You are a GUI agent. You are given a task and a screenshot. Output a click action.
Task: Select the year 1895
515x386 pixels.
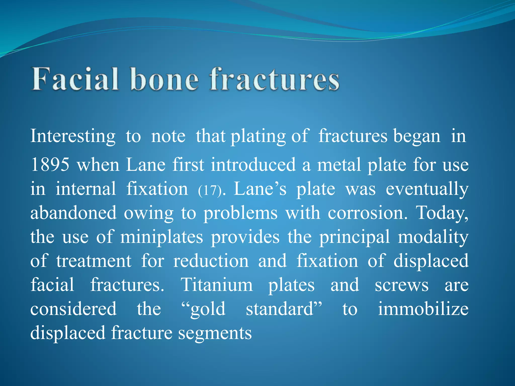[50, 165]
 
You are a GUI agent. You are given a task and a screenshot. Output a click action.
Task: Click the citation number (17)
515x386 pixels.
[210, 190]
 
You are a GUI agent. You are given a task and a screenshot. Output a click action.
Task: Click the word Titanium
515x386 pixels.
[217, 285]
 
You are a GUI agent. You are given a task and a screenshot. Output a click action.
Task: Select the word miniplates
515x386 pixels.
[161, 237]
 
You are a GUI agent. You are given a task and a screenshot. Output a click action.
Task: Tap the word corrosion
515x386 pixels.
[367, 213]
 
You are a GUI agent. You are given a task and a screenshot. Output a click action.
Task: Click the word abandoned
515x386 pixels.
[73, 213]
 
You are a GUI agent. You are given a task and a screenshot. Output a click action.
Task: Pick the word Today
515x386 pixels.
[442, 213]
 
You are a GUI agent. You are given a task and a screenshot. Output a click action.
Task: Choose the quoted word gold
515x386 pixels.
[204, 309]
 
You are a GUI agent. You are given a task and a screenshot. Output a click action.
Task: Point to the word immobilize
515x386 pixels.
[423, 309]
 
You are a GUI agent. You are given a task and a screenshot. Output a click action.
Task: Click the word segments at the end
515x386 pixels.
[215, 333]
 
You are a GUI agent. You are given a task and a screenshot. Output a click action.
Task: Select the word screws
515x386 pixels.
[402, 285]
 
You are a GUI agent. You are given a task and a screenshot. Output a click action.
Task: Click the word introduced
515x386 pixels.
[253, 165]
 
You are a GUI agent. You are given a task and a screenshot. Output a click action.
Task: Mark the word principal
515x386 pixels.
[355, 237]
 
